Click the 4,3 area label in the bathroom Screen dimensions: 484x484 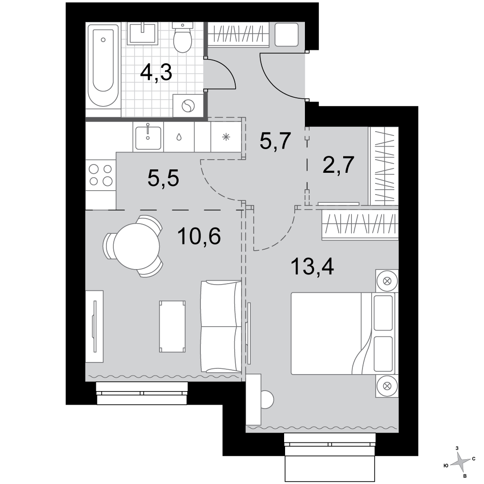click(x=156, y=73)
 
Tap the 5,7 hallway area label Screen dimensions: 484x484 click(x=275, y=141)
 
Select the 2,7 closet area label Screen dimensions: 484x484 click(x=338, y=165)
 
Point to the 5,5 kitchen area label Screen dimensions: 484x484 click(x=163, y=178)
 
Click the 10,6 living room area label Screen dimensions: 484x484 click(x=199, y=236)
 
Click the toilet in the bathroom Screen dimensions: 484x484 click(x=183, y=37)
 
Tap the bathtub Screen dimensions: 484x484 click(x=103, y=65)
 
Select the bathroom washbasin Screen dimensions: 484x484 click(x=142, y=32)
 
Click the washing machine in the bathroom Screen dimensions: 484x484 click(x=188, y=106)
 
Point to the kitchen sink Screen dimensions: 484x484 click(x=148, y=137)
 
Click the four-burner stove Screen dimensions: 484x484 click(x=101, y=175)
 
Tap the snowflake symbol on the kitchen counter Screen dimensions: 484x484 click(x=226, y=137)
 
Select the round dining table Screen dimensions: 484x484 click(x=136, y=246)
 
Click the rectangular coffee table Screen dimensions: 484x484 click(x=172, y=326)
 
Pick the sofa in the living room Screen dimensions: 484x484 click(x=221, y=326)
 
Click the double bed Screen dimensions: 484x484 click(x=343, y=333)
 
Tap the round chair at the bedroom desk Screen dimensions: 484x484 click(x=267, y=399)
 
